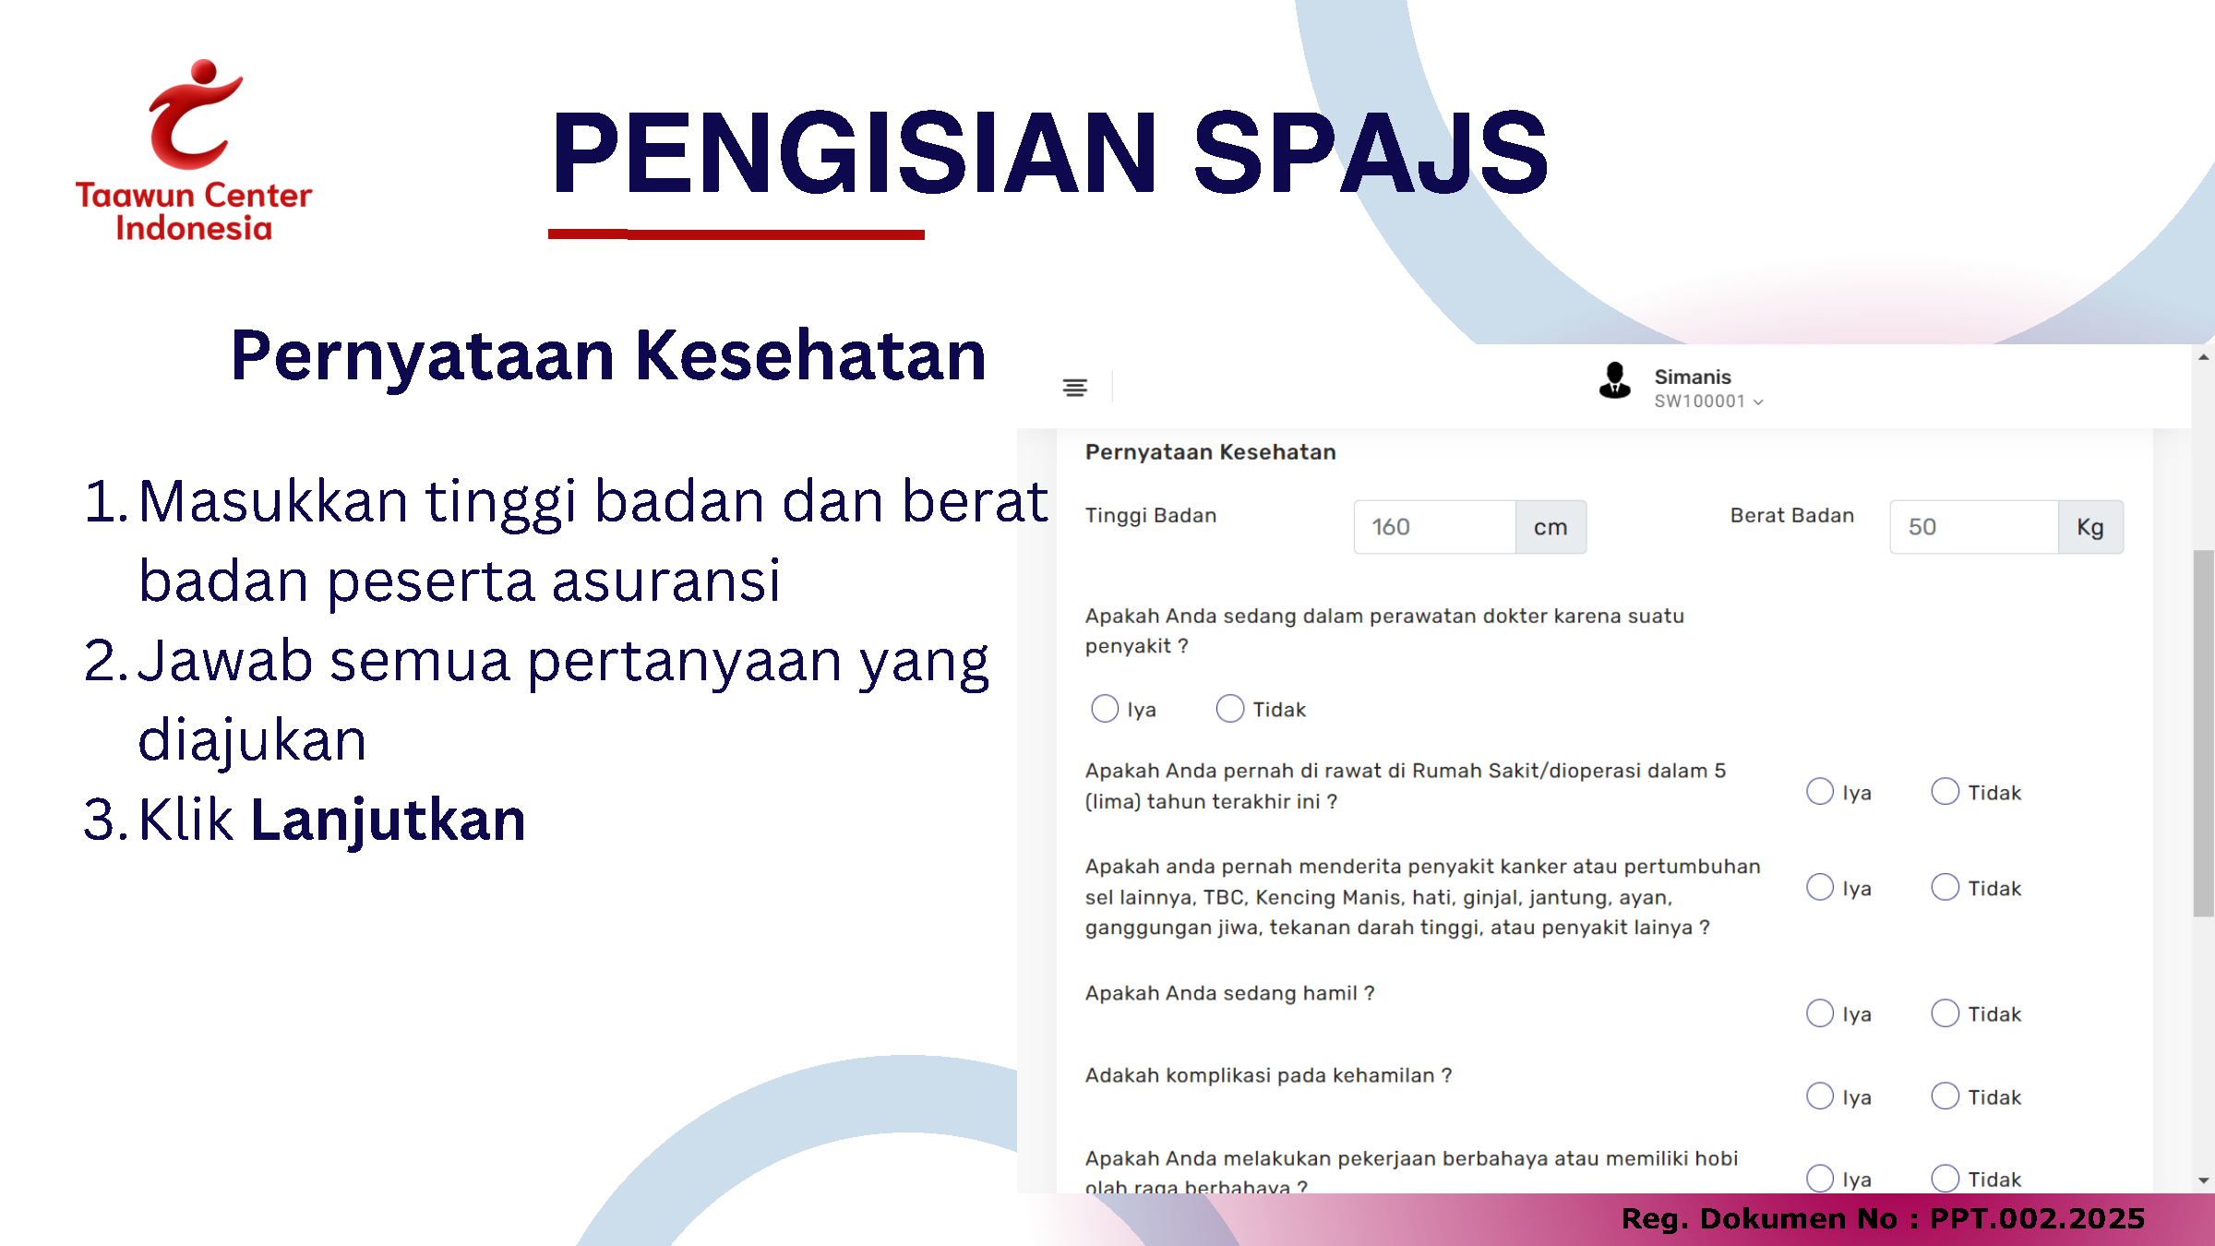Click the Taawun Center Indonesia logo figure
194,115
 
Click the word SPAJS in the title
1371,152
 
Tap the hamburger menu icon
1074,388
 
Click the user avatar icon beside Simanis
1615,380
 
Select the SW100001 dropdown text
1708,401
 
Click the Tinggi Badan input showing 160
1434,527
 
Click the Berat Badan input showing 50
1973,527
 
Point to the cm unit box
1550,527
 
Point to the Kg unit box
2090,527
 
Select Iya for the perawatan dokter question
1105,709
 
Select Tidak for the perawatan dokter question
1230,709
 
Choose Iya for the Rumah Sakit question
1820,792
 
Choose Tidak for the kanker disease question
1946,888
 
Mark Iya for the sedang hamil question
1820,1013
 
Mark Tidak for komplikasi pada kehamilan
1946,1096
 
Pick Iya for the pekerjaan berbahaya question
1820,1179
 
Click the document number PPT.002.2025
2038,1218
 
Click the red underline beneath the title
736,234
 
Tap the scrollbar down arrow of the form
2204,1180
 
